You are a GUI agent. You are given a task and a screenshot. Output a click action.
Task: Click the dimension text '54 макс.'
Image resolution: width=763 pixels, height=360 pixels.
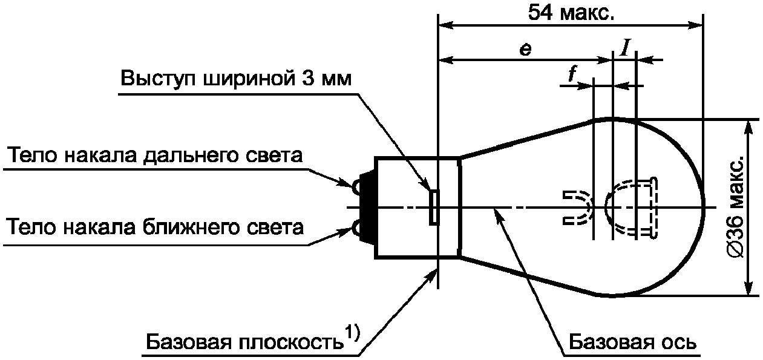(x=571, y=13)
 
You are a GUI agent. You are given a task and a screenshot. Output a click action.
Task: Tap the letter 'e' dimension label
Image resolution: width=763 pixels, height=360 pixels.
(x=526, y=50)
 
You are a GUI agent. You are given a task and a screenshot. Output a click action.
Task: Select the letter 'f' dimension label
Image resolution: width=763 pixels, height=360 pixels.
(x=572, y=75)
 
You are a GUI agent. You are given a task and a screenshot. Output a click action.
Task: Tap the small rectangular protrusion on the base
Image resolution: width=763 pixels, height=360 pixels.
(x=434, y=207)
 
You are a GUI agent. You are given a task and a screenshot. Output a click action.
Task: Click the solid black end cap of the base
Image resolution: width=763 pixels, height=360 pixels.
(x=367, y=207)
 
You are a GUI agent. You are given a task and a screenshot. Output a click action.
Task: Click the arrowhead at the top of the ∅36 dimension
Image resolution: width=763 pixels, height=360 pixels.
(x=748, y=128)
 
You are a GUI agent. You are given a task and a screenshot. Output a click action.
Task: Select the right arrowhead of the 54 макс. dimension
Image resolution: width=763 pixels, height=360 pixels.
(x=696, y=25)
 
